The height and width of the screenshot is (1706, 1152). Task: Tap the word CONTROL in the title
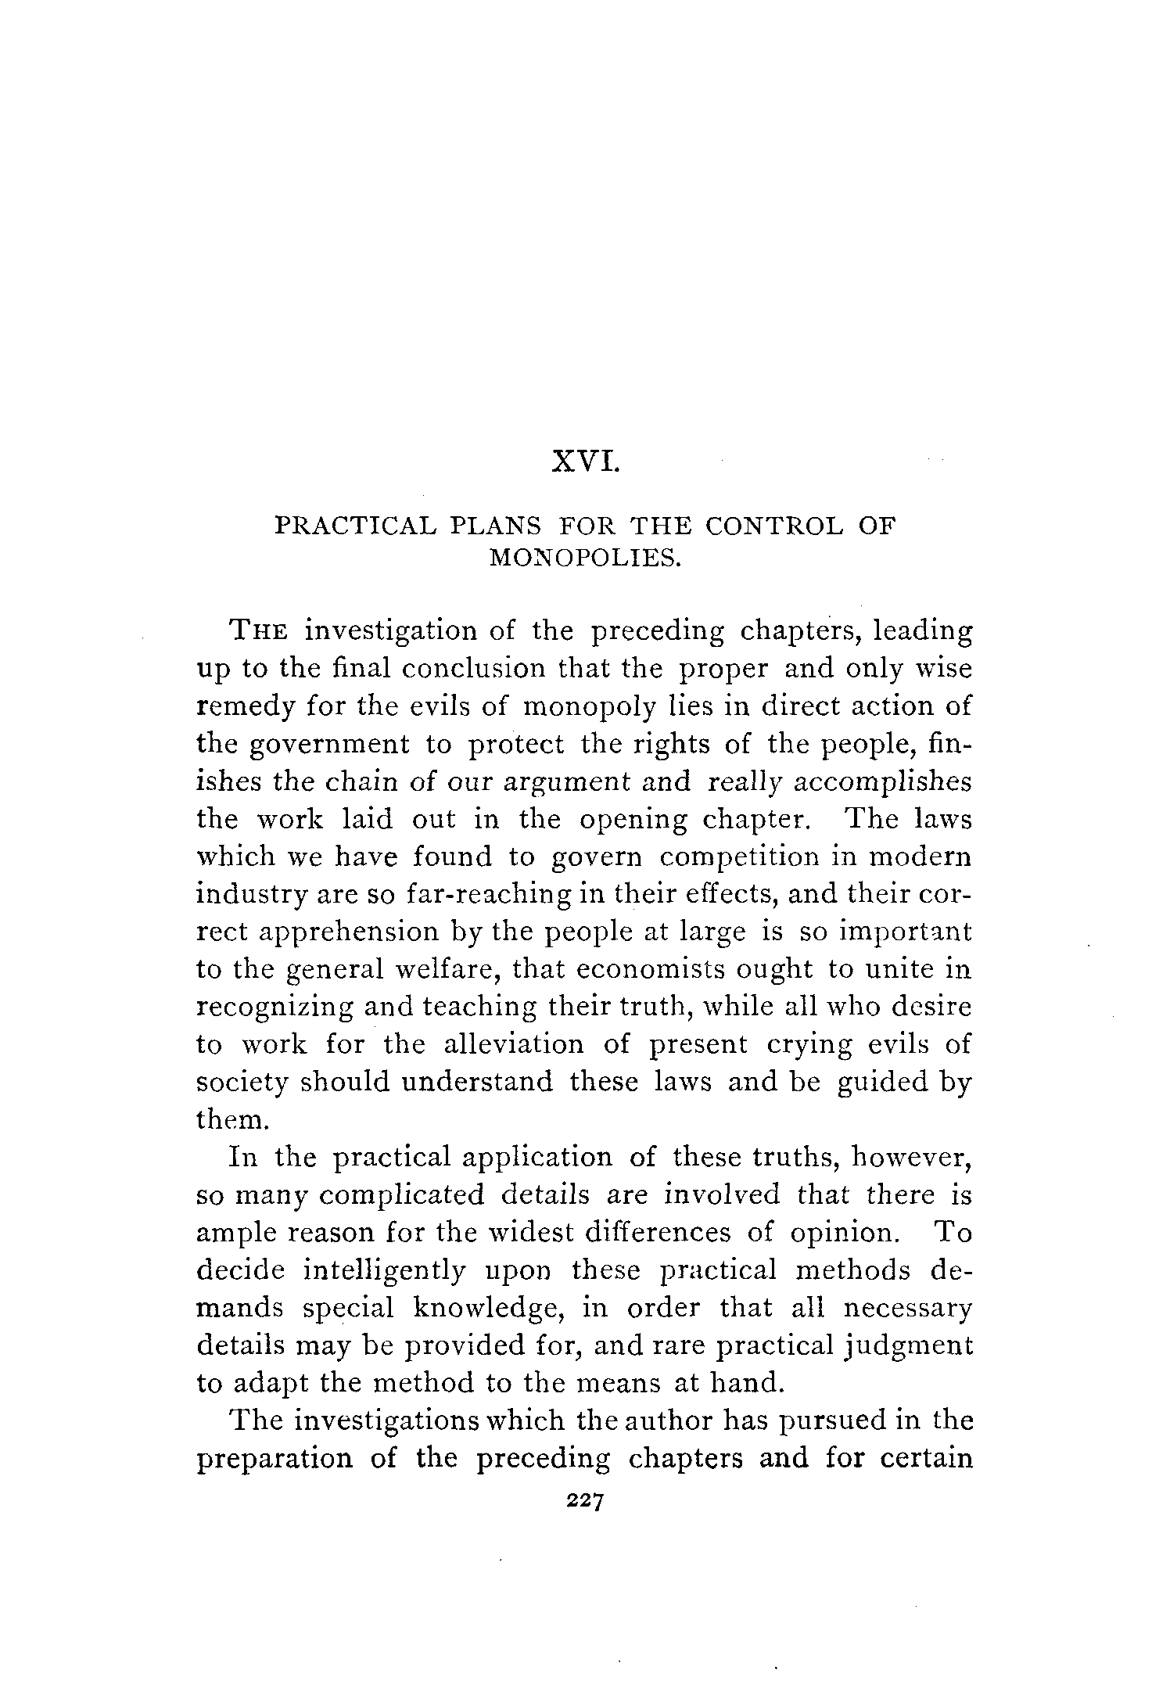tap(774, 526)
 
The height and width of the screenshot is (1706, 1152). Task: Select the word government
tap(328, 744)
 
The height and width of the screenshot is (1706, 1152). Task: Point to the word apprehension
tap(334, 932)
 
